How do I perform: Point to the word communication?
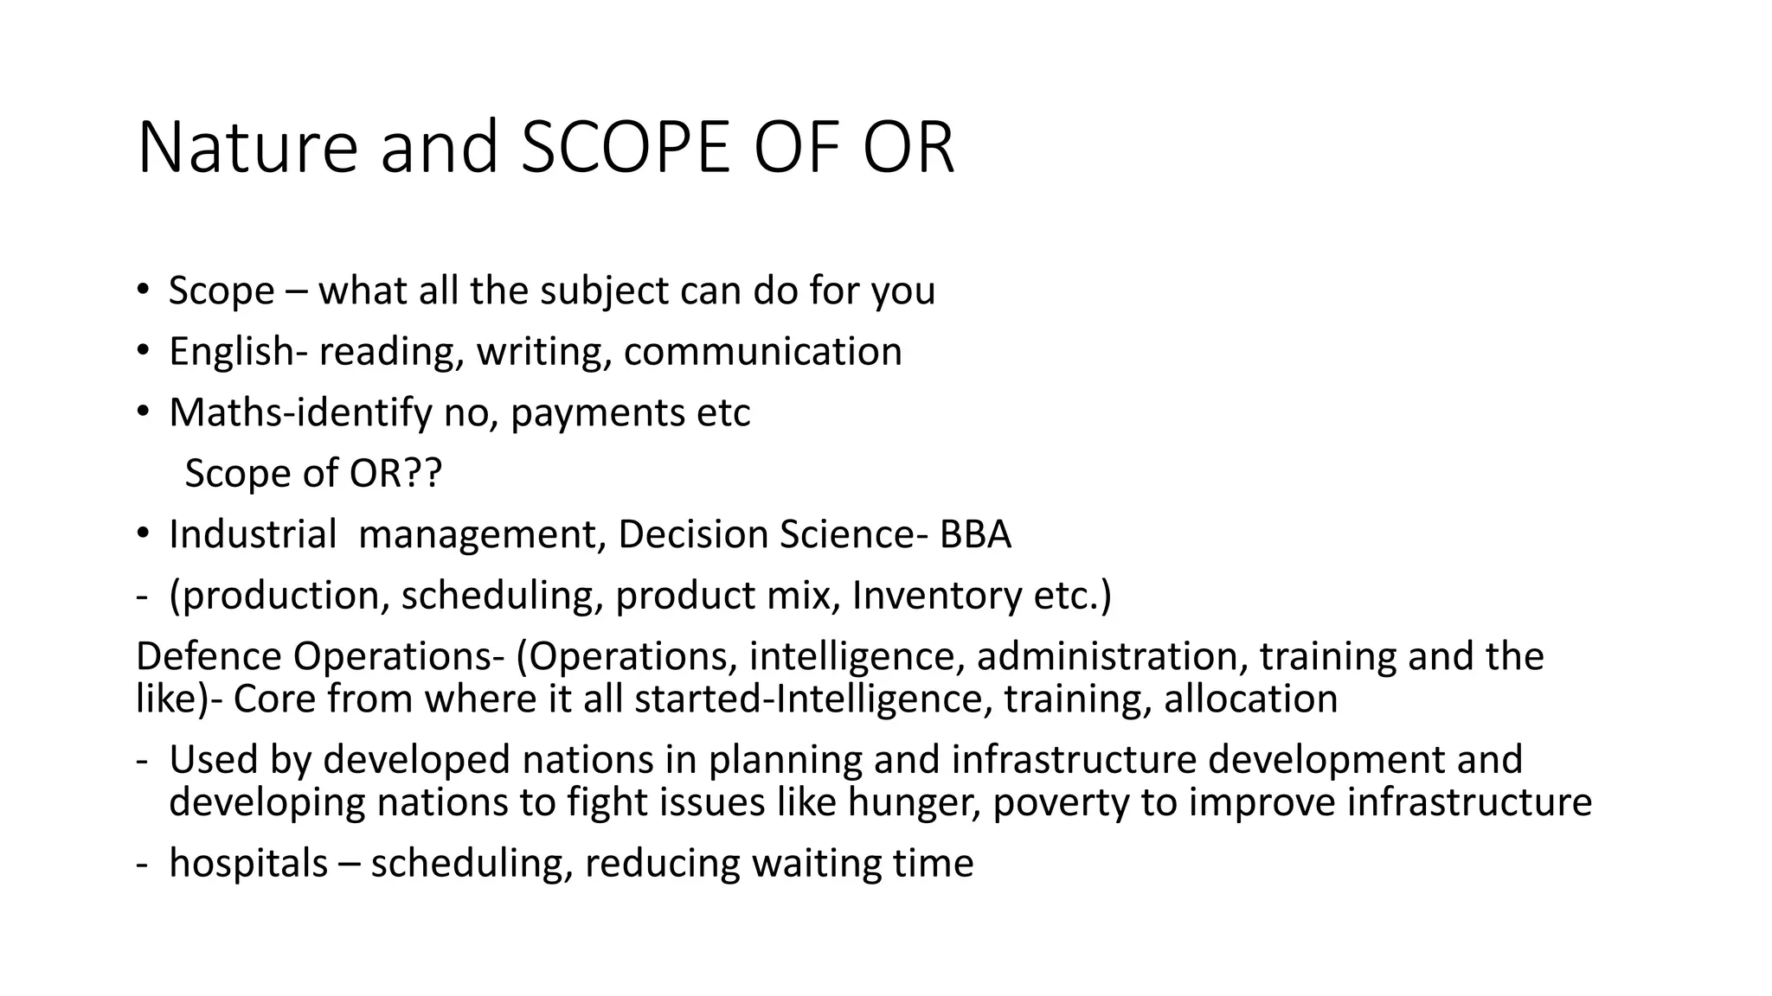point(762,352)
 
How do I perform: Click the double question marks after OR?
point(421,474)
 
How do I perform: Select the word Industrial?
point(252,535)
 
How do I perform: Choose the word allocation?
point(1250,699)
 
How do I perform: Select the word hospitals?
point(248,864)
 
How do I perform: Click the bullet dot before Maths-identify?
point(143,412)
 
